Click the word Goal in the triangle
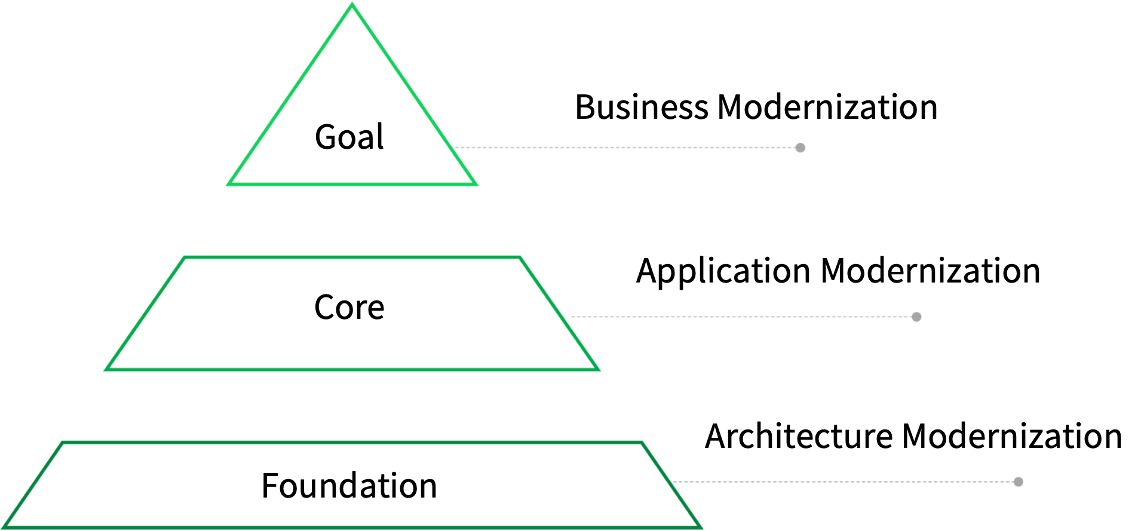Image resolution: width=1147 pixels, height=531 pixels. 349,137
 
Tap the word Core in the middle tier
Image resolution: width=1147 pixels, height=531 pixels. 349,308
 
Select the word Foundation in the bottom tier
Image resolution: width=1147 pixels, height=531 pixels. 349,486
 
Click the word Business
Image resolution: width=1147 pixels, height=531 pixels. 642,108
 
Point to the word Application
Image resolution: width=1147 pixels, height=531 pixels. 723,272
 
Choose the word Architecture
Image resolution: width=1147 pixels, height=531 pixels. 798,436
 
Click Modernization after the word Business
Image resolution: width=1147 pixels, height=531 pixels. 827,108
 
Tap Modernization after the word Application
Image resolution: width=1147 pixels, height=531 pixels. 931,271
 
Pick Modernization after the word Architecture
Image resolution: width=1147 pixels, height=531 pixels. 1012,436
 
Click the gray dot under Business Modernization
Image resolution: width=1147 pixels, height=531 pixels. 801,148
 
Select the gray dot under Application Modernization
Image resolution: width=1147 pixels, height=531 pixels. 916,317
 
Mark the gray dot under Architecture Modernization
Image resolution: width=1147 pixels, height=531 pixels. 1019,482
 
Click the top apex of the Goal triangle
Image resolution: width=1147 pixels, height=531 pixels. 352,4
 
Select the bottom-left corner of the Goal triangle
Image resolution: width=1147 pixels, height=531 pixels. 229,184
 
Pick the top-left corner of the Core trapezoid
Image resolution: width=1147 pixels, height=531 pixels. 185,258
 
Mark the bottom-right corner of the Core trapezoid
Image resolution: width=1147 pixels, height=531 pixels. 598,369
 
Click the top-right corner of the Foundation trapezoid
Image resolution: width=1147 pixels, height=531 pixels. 641,443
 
